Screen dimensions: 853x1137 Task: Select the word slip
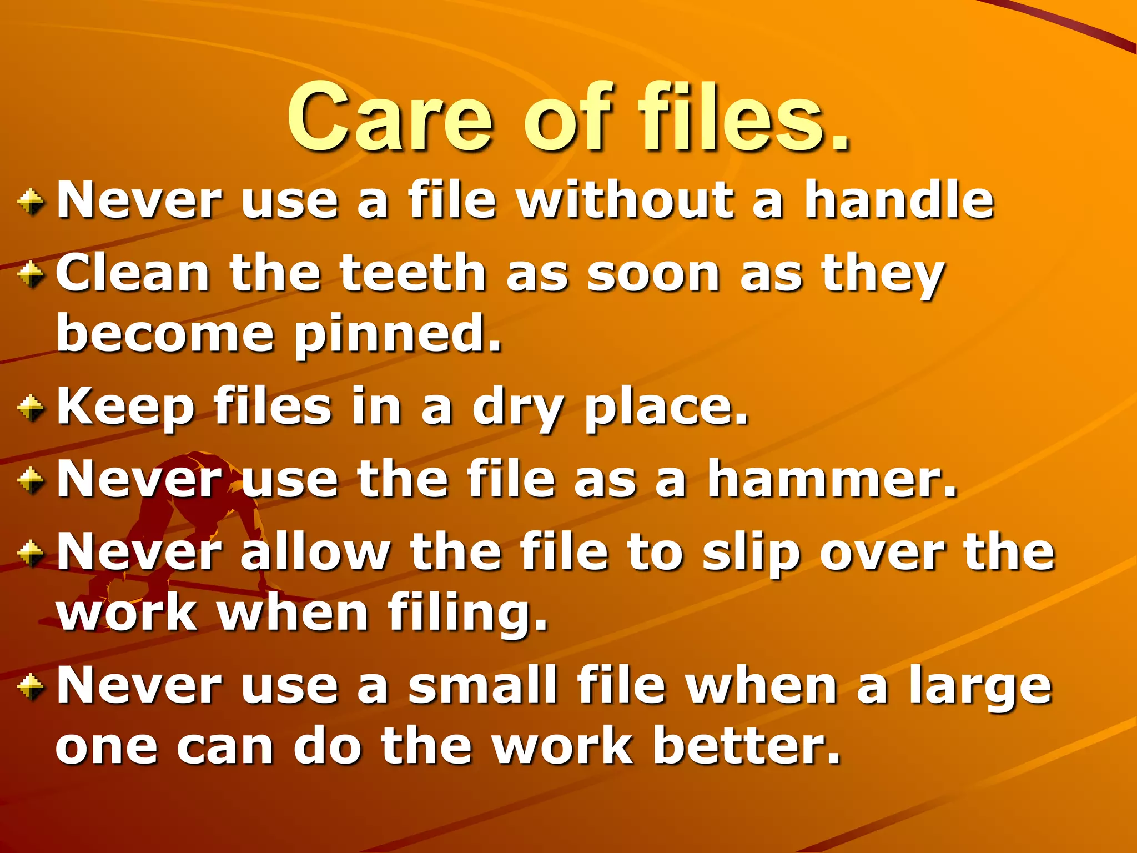751,553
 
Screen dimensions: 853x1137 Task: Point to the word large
980,686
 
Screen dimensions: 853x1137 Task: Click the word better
746,746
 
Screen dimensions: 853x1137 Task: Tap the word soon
653,274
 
